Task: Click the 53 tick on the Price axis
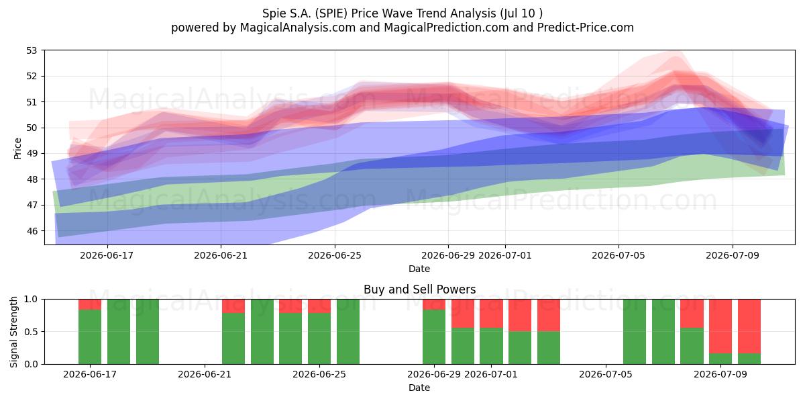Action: [x=32, y=50]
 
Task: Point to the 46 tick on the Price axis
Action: [x=32, y=231]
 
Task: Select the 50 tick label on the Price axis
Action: [x=32, y=128]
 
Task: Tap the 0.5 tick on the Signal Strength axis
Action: [x=31, y=331]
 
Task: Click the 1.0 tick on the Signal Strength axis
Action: [x=31, y=299]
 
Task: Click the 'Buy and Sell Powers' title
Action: [x=419, y=289]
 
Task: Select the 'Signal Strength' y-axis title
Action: [x=13, y=332]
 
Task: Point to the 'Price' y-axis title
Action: [x=17, y=148]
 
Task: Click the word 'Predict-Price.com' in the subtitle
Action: [x=586, y=28]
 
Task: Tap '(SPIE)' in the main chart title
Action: [x=330, y=13]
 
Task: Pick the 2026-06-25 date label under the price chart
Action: [x=335, y=255]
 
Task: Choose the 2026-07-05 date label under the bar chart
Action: [x=606, y=374]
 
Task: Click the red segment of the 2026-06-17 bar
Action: [x=90, y=304]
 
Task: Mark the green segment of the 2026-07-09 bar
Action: [x=720, y=359]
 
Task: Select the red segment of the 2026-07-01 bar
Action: [x=491, y=314]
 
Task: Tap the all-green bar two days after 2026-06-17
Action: [x=148, y=332]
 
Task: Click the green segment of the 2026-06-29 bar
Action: [x=434, y=337]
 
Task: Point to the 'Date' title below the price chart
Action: [x=419, y=269]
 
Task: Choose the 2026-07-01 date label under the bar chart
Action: [x=491, y=374]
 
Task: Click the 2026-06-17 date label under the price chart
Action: [x=107, y=255]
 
